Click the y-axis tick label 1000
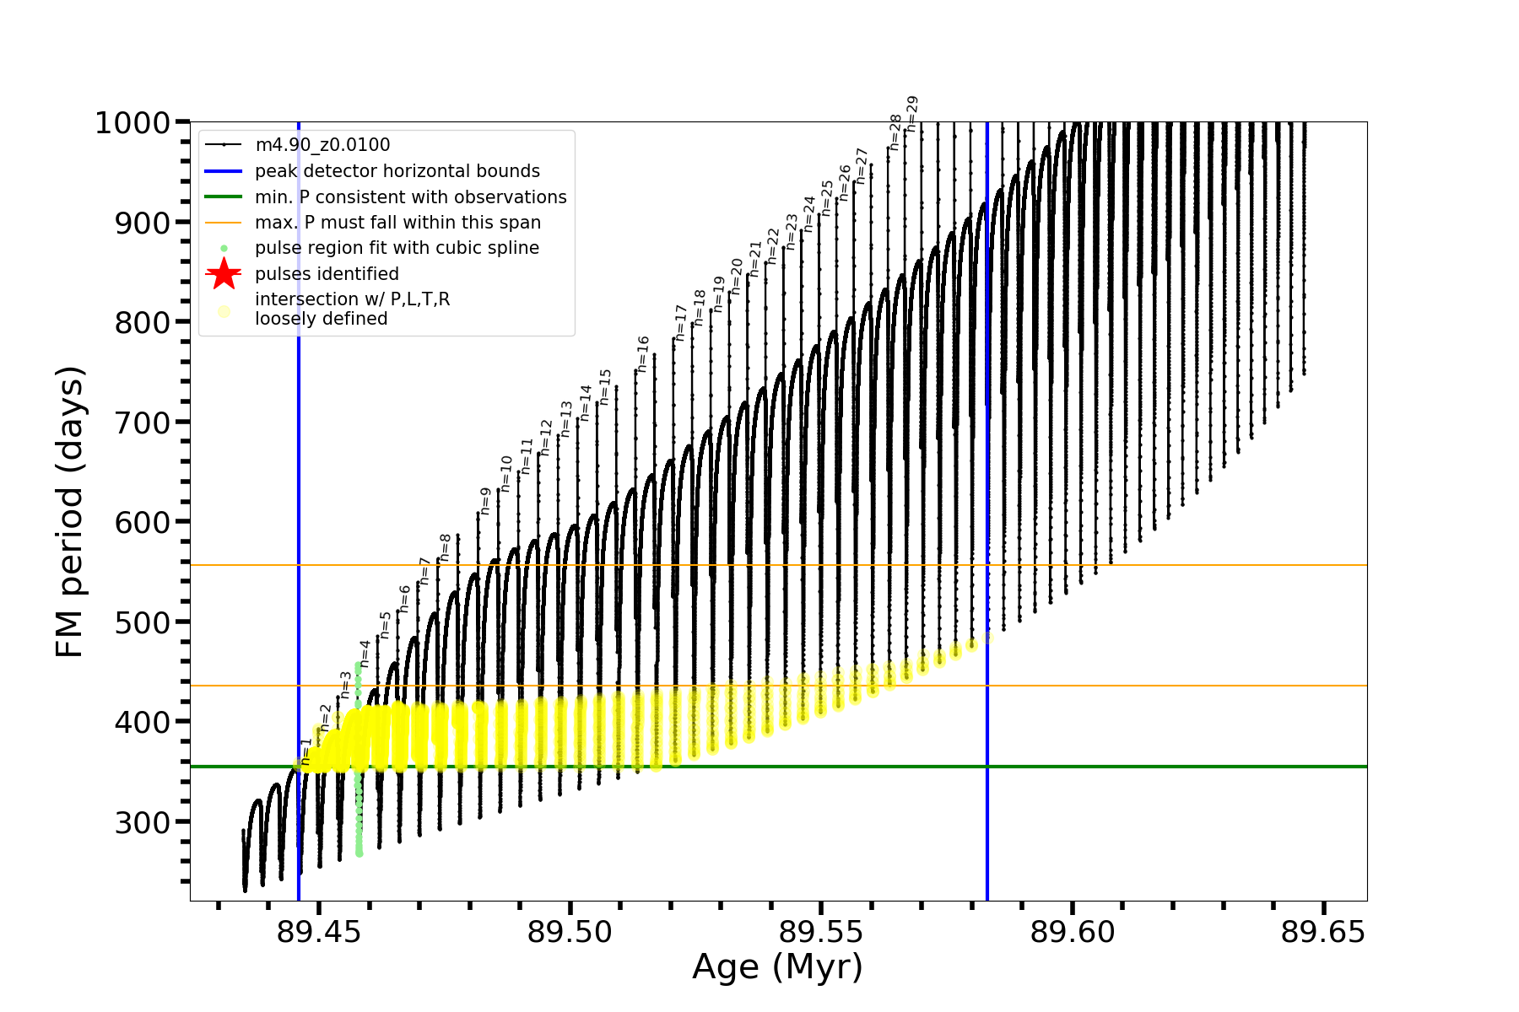tap(132, 123)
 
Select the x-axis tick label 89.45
tap(319, 932)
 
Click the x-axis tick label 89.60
tap(1073, 932)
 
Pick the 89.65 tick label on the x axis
tap(1323, 932)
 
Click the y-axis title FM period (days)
tap(71, 512)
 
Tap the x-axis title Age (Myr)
tap(777, 967)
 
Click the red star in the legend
tap(224, 273)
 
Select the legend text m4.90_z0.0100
tap(322, 145)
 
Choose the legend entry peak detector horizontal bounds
tap(397, 171)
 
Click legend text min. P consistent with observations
tap(411, 196)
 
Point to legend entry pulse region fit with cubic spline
tap(397, 248)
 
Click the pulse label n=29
tap(911, 114)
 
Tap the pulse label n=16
tap(643, 354)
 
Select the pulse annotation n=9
tap(485, 501)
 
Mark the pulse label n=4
tap(365, 654)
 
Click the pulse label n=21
tap(755, 259)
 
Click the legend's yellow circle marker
tap(224, 311)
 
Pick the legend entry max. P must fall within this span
tap(397, 223)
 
